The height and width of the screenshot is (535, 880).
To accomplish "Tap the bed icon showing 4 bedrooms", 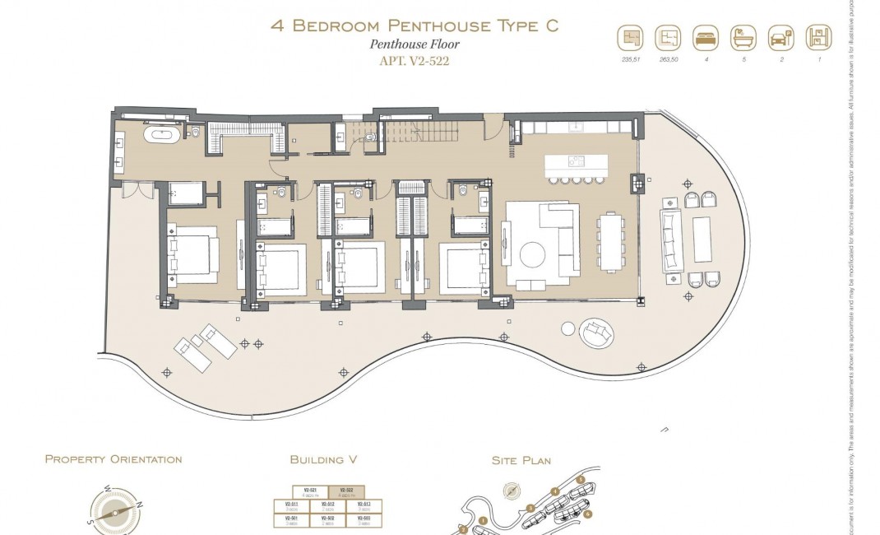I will click(704, 38).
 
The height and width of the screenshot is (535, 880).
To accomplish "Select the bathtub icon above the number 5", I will click(743, 38).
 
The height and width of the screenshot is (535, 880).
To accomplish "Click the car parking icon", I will click(780, 38).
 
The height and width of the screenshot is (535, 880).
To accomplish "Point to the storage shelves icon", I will click(817, 38).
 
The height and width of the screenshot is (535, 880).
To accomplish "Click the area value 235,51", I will click(629, 59).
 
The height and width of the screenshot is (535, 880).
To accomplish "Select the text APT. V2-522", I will click(415, 61).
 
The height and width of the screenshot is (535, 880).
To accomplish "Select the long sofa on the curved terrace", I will click(671, 240).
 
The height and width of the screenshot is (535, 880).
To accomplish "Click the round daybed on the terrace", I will click(595, 333).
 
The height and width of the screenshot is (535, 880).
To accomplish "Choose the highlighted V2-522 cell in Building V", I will click(346, 492).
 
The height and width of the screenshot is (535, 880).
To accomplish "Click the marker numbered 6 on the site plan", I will click(589, 514).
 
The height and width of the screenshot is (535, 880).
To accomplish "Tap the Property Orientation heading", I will click(113, 459).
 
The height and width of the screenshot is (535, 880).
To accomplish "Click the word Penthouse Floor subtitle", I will click(415, 44).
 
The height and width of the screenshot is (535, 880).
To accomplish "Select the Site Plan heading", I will click(521, 461).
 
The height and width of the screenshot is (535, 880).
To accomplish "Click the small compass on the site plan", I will click(512, 489).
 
